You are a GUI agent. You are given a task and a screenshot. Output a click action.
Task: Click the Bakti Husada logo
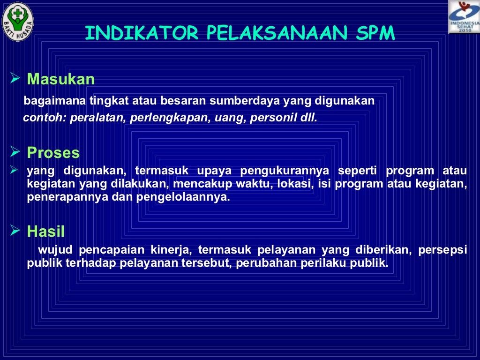17,22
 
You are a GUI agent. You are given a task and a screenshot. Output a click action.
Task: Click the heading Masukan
61,79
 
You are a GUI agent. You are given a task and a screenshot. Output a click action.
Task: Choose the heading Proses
53,153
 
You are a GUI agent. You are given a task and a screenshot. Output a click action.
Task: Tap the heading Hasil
46,231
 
